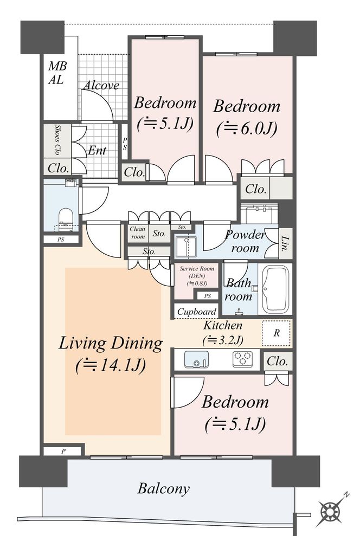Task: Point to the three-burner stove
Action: pos(243,359)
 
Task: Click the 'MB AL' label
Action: pos(57,73)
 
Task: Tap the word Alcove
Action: pos(101,85)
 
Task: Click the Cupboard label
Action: pos(196,312)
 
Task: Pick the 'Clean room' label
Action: pos(138,233)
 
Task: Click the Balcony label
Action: pos(164,489)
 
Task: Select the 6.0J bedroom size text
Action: pos(246,129)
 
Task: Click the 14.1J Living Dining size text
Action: pos(111,366)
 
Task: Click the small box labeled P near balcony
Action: pos(63,451)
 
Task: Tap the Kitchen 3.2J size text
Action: pos(223,340)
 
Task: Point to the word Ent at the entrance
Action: pos(97,151)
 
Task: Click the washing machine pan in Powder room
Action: pos(187,246)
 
